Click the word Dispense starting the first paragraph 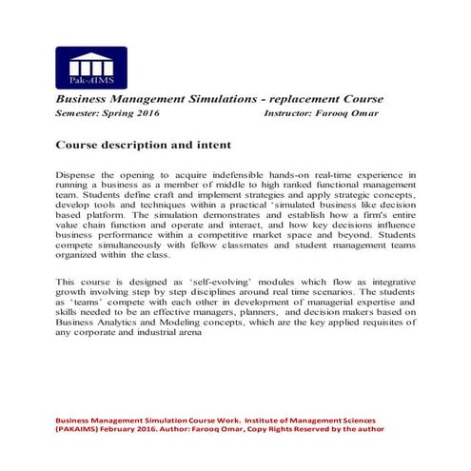click(79, 176)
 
